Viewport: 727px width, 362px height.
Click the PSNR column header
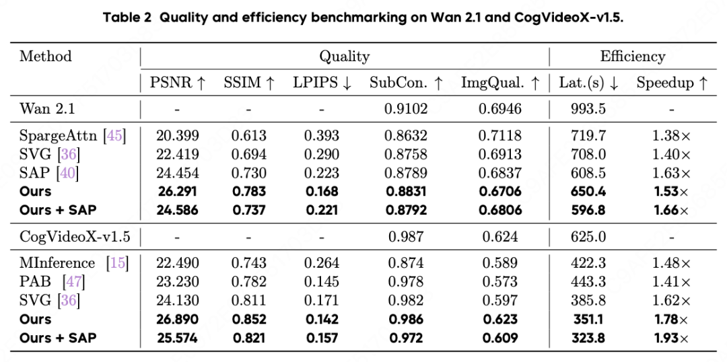[x=178, y=83]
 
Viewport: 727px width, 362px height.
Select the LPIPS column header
[x=322, y=83]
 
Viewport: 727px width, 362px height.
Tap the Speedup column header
[x=672, y=83]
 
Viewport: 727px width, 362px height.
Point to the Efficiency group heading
[x=632, y=57]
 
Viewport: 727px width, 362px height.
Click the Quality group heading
[x=345, y=57]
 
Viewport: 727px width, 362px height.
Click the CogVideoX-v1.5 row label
[x=75, y=237]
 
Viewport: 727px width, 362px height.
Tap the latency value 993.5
[x=588, y=109]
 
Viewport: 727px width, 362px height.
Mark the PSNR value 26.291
[x=178, y=191]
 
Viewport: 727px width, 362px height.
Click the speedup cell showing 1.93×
[x=671, y=338]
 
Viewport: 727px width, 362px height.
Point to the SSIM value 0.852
[x=250, y=320]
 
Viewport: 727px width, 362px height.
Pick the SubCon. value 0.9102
[x=406, y=109]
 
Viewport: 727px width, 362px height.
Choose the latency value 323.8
[x=588, y=338]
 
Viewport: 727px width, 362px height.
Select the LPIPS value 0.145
[x=322, y=281]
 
